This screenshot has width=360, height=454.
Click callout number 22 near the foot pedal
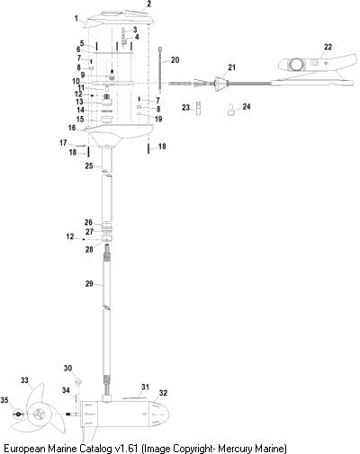coord(328,47)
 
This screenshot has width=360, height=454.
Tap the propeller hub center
coord(39,414)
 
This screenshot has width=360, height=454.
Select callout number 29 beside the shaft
coord(89,284)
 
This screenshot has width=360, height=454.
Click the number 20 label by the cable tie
coord(175,60)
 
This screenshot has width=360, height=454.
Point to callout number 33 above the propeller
coord(24,380)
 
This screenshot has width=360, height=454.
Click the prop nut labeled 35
coord(18,414)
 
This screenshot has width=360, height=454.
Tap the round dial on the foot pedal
coord(295,64)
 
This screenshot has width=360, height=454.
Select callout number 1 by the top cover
coord(76,19)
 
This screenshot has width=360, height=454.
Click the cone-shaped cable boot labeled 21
coord(220,85)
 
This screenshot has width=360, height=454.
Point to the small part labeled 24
coord(230,110)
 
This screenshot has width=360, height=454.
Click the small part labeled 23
coord(199,108)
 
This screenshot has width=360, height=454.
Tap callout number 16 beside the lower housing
coord(72,128)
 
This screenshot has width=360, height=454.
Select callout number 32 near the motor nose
coord(163,393)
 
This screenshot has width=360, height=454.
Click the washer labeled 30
coord(78,381)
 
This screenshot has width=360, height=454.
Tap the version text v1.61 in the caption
coord(127,449)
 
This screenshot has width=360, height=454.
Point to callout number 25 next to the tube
coord(89,165)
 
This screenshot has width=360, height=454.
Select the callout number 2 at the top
coord(149,4)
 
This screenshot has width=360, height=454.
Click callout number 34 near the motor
coord(66,390)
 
